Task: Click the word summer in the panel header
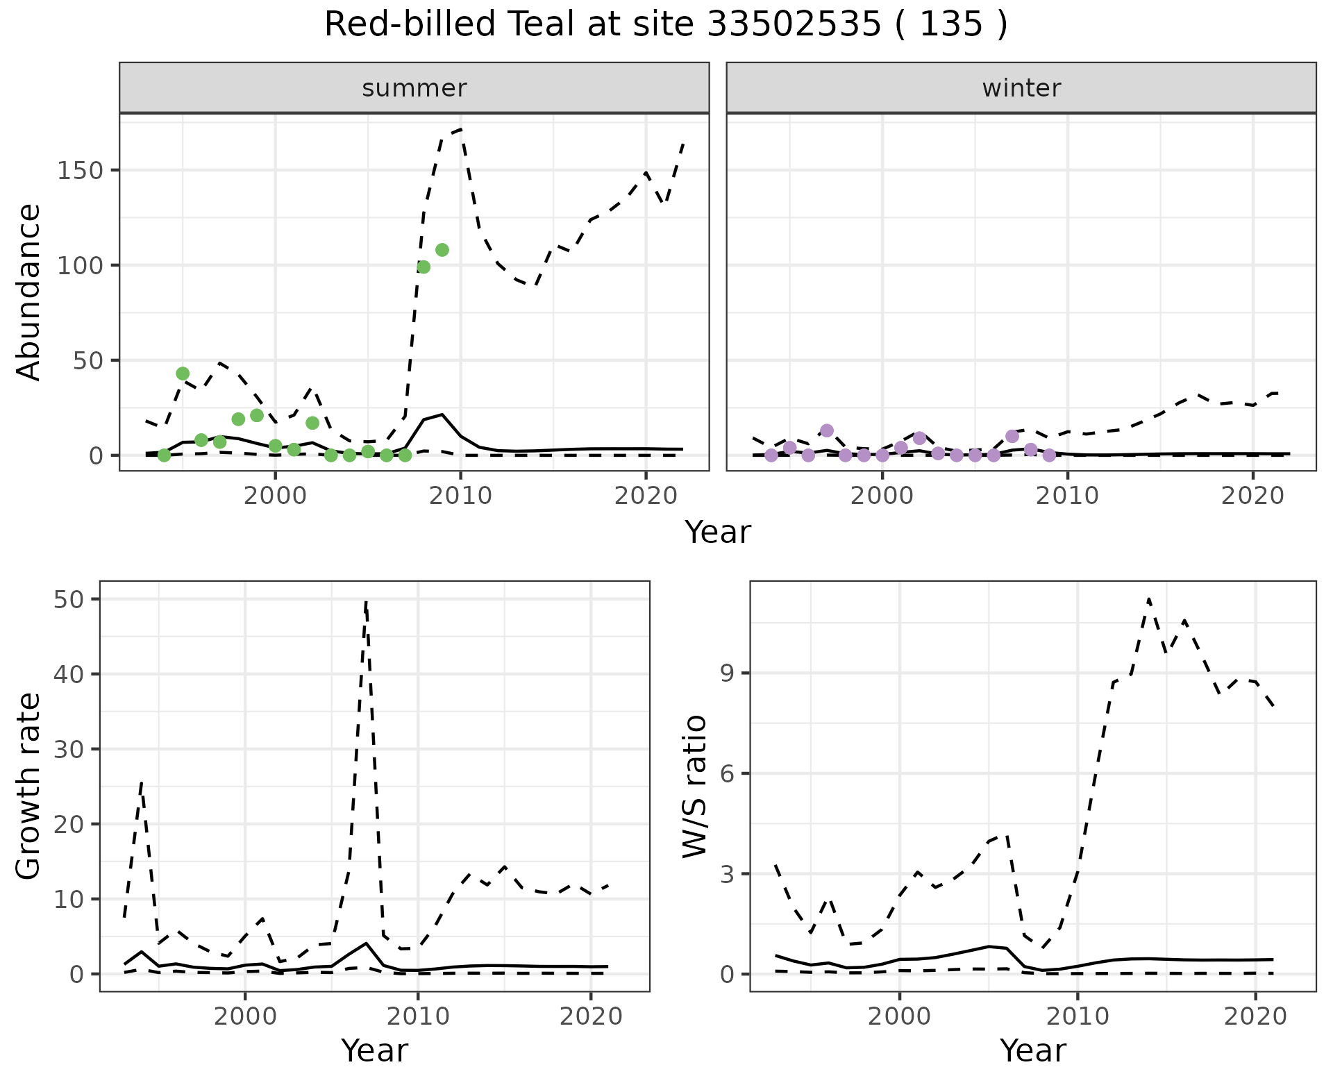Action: [x=414, y=88]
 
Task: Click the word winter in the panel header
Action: [x=1021, y=88]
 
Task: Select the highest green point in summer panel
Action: [x=442, y=250]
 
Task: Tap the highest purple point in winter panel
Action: [x=826, y=430]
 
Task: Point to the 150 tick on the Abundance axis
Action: [x=80, y=171]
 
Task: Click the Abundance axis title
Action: [x=29, y=292]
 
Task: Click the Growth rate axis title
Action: [x=29, y=787]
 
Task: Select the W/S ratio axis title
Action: [x=694, y=787]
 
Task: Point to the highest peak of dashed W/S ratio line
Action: [x=1149, y=598]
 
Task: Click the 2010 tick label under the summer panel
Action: [x=460, y=496]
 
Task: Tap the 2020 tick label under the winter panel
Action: [x=1252, y=496]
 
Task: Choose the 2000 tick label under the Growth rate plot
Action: [x=245, y=1017]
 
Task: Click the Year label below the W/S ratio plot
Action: [x=1032, y=1051]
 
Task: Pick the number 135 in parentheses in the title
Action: [x=950, y=25]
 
